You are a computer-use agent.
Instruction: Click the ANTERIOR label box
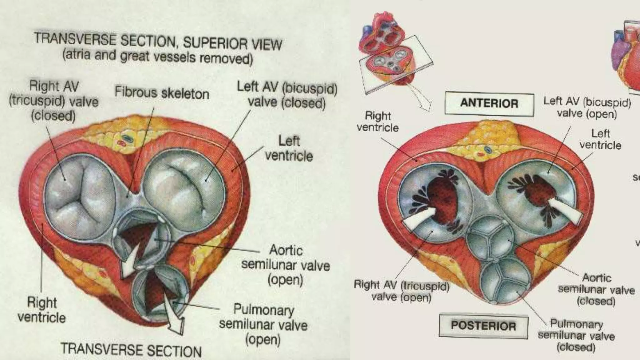[x=489, y=103]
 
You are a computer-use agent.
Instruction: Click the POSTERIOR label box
[x=483, y=326]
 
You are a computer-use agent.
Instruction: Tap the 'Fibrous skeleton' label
[x=162, y=93]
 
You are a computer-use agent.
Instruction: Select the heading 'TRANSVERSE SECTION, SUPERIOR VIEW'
[x=158, y=42]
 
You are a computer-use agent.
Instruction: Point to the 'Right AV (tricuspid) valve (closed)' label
[x=54, y=101]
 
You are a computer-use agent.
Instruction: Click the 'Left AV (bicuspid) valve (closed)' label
[x=287, y=95]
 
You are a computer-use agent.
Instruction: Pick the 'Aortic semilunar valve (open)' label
[x=286, y=264]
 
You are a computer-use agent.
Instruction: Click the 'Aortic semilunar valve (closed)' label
[x=596, y=289]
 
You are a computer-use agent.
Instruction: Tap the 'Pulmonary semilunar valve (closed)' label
[x=576, y=336]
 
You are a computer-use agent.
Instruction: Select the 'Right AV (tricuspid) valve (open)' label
[x=402, y=291]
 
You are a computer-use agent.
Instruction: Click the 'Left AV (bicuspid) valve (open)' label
[x=587, y=107]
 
